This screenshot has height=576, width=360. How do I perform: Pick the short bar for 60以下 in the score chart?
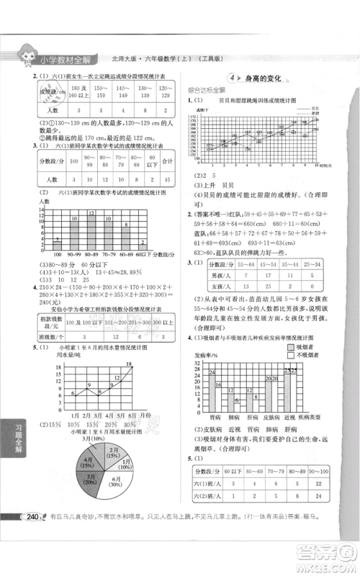point(144,248)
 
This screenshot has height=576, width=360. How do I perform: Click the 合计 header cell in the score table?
point(166,161)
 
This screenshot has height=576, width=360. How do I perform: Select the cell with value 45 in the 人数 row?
point(166,179)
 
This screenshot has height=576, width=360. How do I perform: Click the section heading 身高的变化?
point(267,78)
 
